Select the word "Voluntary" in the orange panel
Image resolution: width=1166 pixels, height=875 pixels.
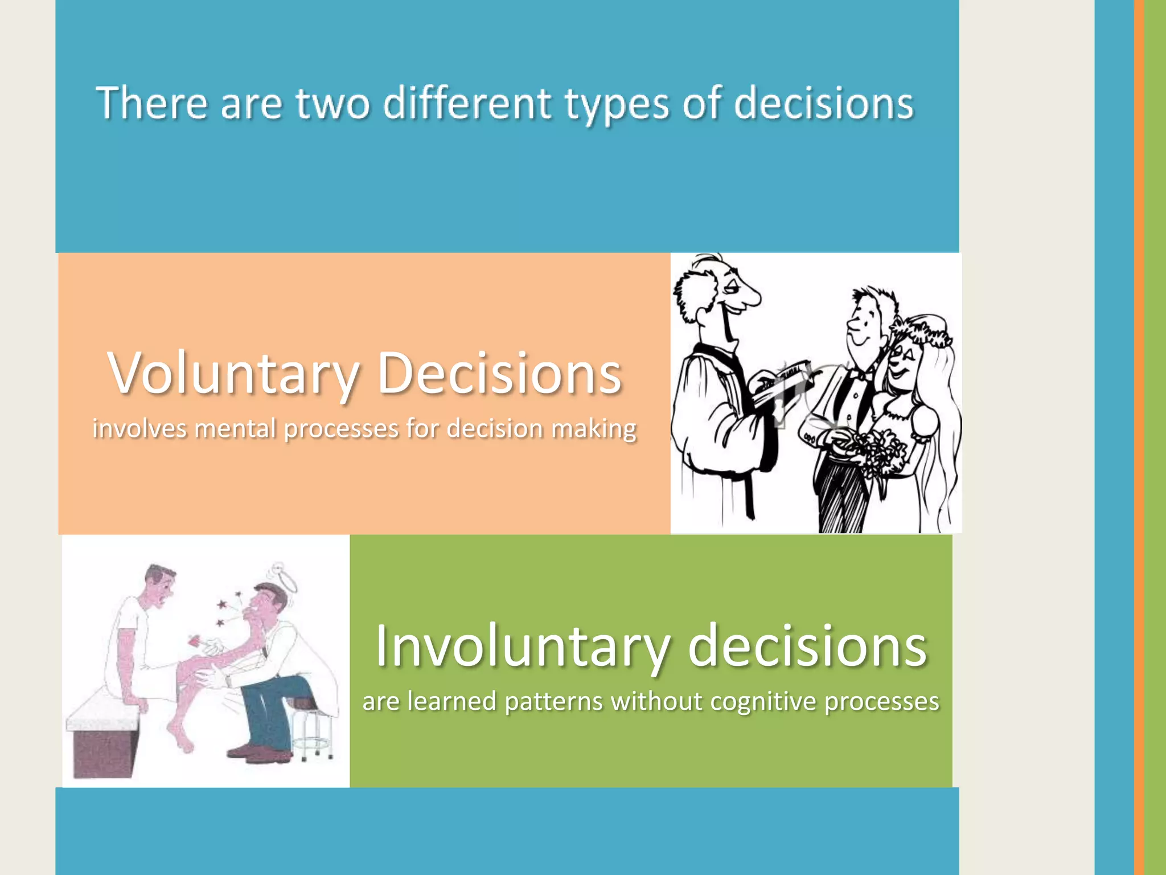(233, 374)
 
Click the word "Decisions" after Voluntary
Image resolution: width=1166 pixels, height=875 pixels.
(499, 373)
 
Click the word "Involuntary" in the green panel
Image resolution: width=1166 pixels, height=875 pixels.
(522, 647)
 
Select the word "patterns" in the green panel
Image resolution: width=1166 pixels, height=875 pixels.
(553, 701)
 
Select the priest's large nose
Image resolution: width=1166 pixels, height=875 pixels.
(750, 296)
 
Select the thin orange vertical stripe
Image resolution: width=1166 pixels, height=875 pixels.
(1139, 437)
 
